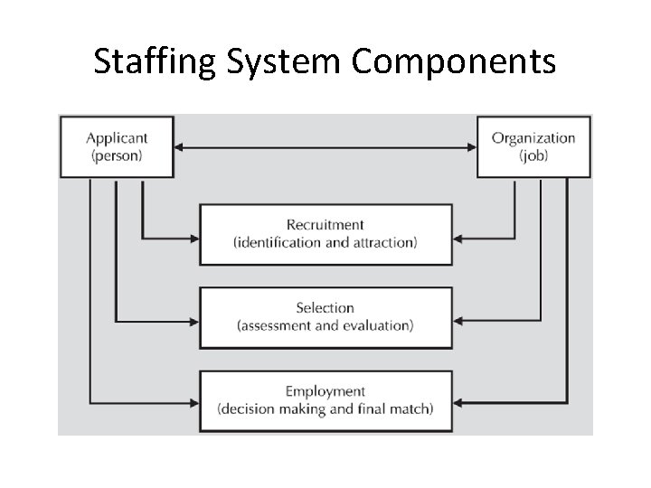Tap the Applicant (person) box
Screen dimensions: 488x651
(x=117, y=146)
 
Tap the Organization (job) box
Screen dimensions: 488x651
(x=533, y=146)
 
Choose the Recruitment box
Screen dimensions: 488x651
(x=325, y=234)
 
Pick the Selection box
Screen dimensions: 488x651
(x=325, y=317)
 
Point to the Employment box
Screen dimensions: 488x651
(x=325, y=400)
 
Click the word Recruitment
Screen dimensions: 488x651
(x=325, y=224)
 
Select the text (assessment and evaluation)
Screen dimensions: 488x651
(x=325, y=325)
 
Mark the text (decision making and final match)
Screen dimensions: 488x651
(x=325, y=408)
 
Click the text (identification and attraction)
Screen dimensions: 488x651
(x=325, y=242)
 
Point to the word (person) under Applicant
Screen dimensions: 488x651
(x=117, y=155)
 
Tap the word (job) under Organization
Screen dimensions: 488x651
(x=533, y=155)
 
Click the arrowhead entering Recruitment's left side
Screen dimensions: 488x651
(x=193, y=239)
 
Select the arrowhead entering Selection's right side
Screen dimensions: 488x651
(x=458, y=321)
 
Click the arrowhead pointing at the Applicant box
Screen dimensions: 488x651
(x=180, y=147)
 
